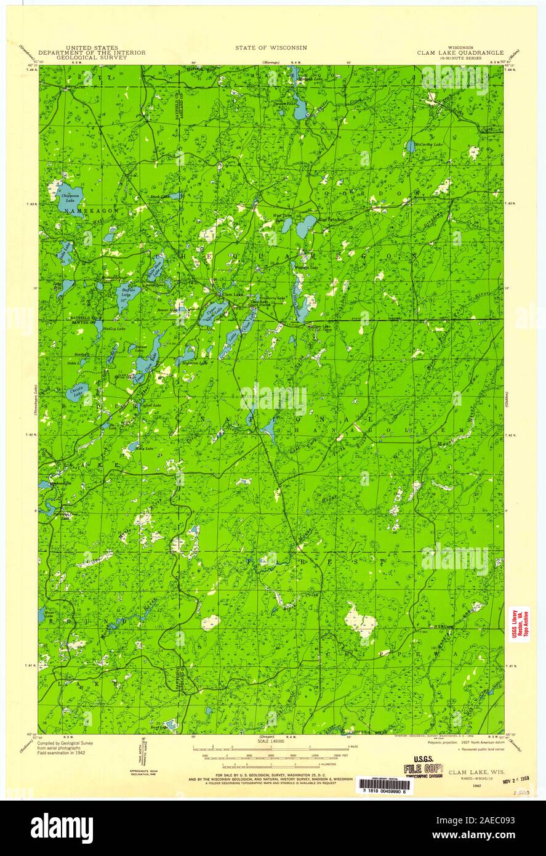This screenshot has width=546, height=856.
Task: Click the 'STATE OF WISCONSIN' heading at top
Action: tap(270, 47)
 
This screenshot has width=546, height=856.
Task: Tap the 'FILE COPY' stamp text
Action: tap(423, 769)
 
